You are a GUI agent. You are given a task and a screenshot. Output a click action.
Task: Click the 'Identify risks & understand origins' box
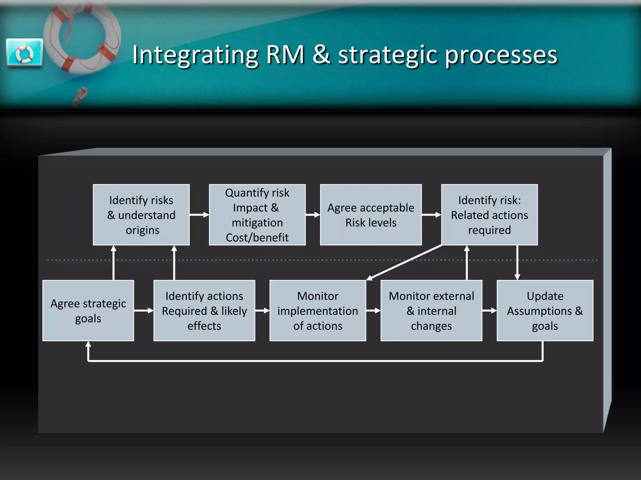[x=141, y=215]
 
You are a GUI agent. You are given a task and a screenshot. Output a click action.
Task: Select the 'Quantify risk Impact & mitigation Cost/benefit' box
[x=257, y=215]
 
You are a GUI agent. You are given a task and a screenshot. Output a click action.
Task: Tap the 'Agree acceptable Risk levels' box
[x=371, y=215]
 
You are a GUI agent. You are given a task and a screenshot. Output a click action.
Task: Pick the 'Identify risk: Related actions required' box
[x=490, y=215]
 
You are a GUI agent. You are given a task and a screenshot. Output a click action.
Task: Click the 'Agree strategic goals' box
[x=88, y=311]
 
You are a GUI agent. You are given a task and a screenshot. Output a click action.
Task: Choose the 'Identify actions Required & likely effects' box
[x=204, y=311]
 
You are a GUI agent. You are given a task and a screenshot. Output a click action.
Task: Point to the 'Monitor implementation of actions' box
[x=318, y=311]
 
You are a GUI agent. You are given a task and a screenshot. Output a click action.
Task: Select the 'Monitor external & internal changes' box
[x=431, y=311]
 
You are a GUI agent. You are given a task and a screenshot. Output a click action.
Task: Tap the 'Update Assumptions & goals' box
[x=545, y=311]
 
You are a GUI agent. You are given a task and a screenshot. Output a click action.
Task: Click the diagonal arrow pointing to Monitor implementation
[x=404, y=262]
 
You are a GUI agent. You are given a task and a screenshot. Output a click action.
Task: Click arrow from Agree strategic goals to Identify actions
[x=144, y=311]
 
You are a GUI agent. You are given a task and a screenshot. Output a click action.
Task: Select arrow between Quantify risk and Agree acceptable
[x=313, y=215]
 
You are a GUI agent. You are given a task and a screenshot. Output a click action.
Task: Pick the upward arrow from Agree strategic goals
[x=114, y=262]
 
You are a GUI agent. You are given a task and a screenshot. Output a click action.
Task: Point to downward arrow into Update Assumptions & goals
[x=517, y=262]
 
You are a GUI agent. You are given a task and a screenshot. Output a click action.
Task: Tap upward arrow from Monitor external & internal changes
[x=467, y=262]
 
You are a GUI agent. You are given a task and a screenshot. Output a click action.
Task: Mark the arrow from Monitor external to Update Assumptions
[x=490, y=311]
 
